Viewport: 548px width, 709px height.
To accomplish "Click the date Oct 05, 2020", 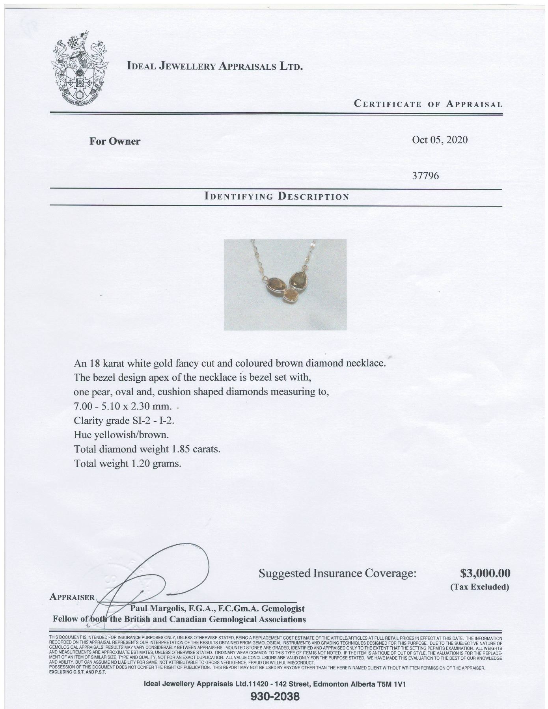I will (440, 140).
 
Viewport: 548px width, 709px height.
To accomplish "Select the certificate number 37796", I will (425, 175).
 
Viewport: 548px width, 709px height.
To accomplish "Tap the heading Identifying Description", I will (276, 196).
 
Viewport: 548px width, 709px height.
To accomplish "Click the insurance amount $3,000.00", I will (485, 572).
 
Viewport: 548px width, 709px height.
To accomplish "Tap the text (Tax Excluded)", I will (479, 587).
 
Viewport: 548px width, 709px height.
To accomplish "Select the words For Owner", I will (115, 141).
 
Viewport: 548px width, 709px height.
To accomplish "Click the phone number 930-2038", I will (275, 697).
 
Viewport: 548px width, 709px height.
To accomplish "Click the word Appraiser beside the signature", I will (72, 597).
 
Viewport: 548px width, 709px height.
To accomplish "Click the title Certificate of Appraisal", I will (428, 104).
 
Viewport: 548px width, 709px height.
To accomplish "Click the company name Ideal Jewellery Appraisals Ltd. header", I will (215, 66).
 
